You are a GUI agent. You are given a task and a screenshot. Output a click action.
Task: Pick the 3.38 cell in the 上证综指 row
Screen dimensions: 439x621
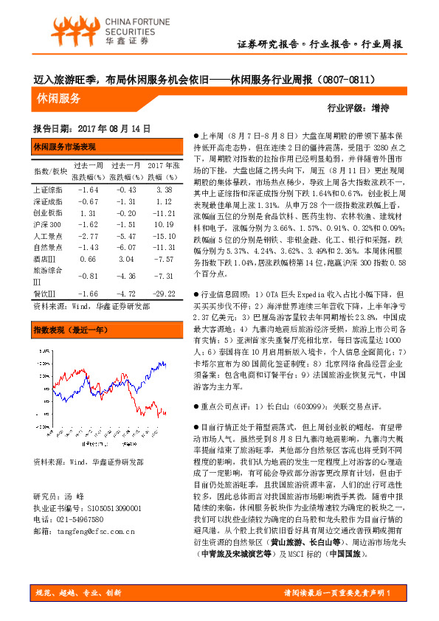tap(164, 190)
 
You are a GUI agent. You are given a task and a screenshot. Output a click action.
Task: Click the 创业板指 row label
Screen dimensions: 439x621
tap(49, 212)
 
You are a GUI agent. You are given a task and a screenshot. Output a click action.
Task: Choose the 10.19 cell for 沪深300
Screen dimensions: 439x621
tap(164, 223)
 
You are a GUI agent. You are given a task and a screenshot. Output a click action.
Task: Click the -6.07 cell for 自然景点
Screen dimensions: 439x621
tap(125, 247)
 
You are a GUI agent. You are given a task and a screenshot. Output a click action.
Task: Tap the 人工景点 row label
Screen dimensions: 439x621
tap(49, 235)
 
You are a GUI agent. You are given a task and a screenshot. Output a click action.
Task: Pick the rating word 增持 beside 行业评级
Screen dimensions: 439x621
tap(391, 108)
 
